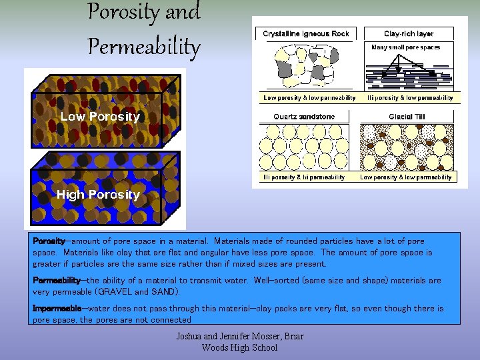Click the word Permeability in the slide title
pos(143,46)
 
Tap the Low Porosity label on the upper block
pos(100,117)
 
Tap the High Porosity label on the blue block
pos(98,195)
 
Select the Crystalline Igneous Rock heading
pos(306,33)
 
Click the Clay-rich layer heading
pos(409,33)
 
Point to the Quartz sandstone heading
pos(304,117)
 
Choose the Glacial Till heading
pos(406,117)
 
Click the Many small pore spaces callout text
pos(406,48)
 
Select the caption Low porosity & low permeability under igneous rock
pos(309,98)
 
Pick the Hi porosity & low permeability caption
pos(410,98)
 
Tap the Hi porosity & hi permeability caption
pos(304,177)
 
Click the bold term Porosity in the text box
pos(49,241)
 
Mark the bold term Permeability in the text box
pos(57,281)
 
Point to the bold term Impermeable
pos(57,309)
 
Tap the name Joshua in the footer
pos(191,337)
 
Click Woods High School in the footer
pos(239,347)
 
